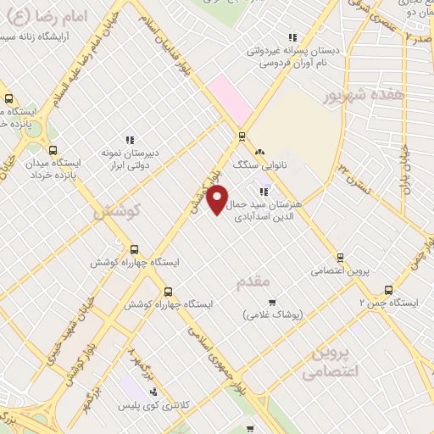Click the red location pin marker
tap(218, 200)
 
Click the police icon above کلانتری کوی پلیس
tap(153, 391)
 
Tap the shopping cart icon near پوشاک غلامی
tap(271, 303)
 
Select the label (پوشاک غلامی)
tap(272, 315)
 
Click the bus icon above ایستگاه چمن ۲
tap(388, 290)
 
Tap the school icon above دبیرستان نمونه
tap(130, 140)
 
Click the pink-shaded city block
tap(231, 99)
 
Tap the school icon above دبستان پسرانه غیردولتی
tap(292, 37)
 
